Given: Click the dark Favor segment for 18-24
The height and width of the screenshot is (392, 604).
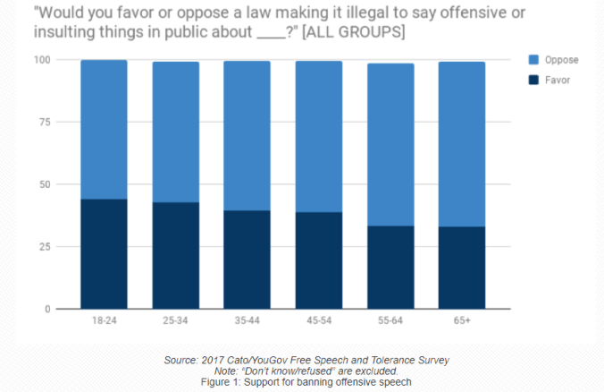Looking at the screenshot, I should pyautogui.click(x=104, y=254).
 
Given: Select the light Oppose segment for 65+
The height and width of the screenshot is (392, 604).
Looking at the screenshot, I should pyautogui.click(x=462, y=144).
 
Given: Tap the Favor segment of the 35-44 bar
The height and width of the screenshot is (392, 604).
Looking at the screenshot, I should pyautogui.click(x=247, y=260).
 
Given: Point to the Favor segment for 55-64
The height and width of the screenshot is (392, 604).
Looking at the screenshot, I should pyautogui.click(x=390, y=268).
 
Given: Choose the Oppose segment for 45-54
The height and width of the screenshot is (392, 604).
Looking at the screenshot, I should pyautogui.click(x=319, y=136).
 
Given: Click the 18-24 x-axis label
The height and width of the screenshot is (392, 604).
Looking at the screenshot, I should pyautogui.click(x=104, y=320).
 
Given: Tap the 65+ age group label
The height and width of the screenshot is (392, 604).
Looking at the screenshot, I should pyautogui.click(x=462, y=320).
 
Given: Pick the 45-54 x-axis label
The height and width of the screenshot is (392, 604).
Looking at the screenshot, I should pyautogui.click(x=319, y=320).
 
